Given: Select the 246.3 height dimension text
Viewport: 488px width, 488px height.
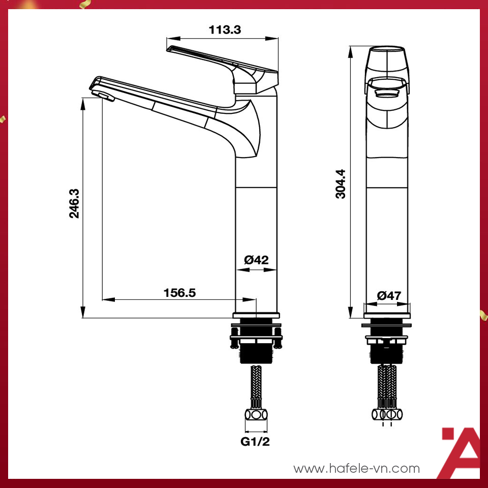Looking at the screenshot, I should click(75, 203).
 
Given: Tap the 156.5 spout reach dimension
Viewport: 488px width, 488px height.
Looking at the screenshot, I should click(179, 293).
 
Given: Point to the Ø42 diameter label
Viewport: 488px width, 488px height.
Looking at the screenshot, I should click(256, 260).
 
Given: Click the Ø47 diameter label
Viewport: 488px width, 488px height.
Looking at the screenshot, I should click(389, 295).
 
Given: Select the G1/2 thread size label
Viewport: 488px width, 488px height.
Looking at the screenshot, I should click(255, 441).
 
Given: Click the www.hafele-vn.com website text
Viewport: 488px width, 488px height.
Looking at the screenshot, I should click(357, 468).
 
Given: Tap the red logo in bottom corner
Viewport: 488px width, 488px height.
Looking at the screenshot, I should click(460, 452).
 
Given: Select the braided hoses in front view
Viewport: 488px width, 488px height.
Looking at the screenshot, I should click(387, 384).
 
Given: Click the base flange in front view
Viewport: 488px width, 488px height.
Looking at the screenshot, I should click(387, 326).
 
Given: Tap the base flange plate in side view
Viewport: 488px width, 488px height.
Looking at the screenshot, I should click(256, 315).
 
